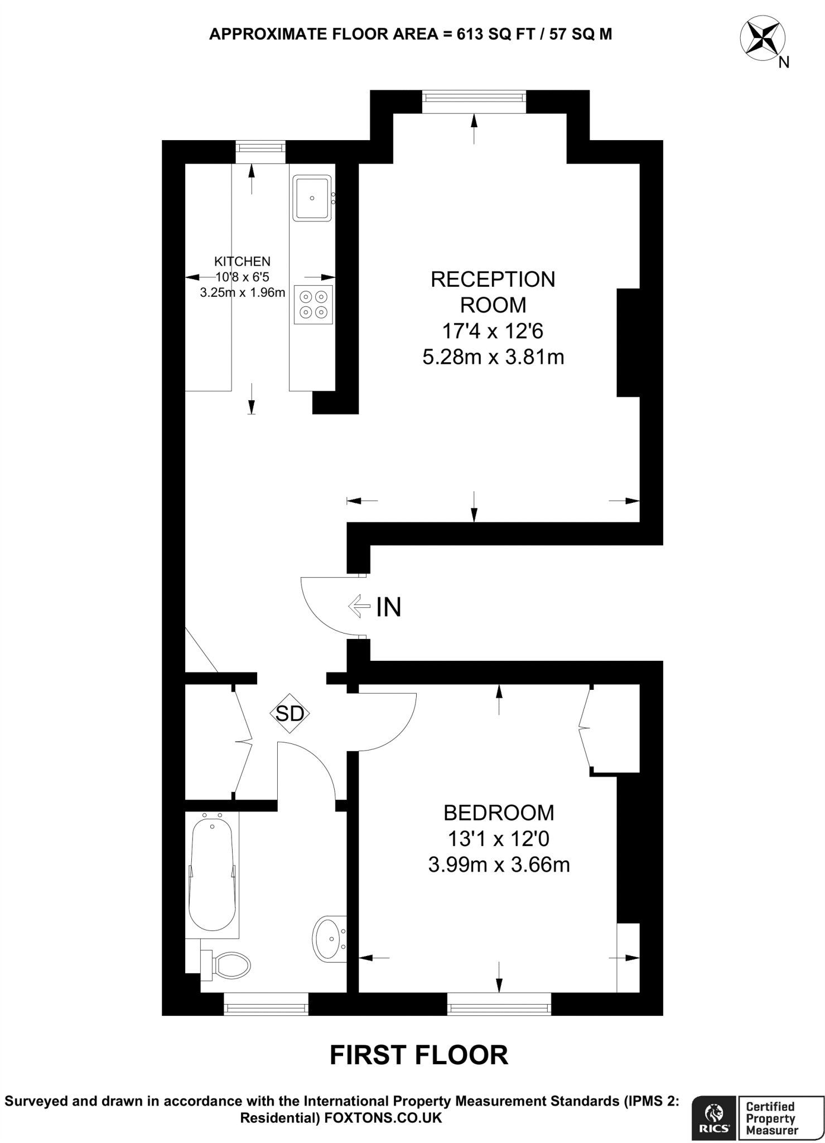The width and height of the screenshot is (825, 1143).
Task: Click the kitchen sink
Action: (x=312, y=198)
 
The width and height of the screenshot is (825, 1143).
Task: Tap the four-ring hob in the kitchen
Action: (x=313, y=305)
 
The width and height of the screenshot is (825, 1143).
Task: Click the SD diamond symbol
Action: (x=290, y=713)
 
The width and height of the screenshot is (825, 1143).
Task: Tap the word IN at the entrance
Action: (x=389, y=607)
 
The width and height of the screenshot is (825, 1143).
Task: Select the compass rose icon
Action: (x=762, y=39)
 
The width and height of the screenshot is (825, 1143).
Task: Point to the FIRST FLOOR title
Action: (x=419, y=1055)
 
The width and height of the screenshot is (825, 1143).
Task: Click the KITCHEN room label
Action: (x=242, y=261)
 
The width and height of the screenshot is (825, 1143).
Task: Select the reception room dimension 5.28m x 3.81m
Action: (x=493, y=357)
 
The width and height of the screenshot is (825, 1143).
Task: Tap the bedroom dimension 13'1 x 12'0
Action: (x=499, y=839)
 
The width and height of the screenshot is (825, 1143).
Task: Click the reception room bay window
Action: (x=474, y=101)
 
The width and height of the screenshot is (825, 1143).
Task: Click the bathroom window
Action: (x=266, y=1005)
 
